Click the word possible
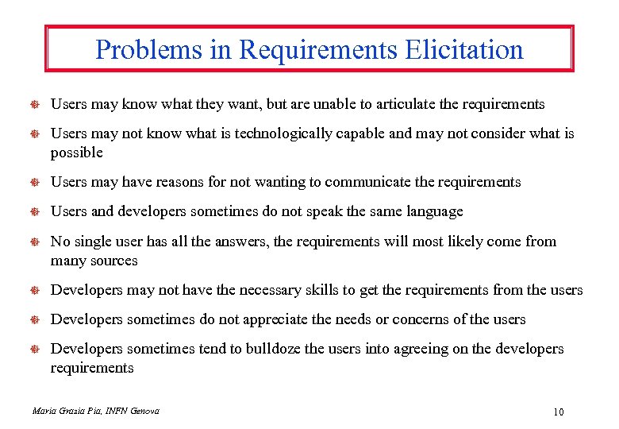coord(77,153)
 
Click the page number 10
coord(557,412)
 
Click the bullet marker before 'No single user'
coord(36,242)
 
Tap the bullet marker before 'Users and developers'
coord(36,212)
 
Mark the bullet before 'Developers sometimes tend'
coord(36,350)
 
